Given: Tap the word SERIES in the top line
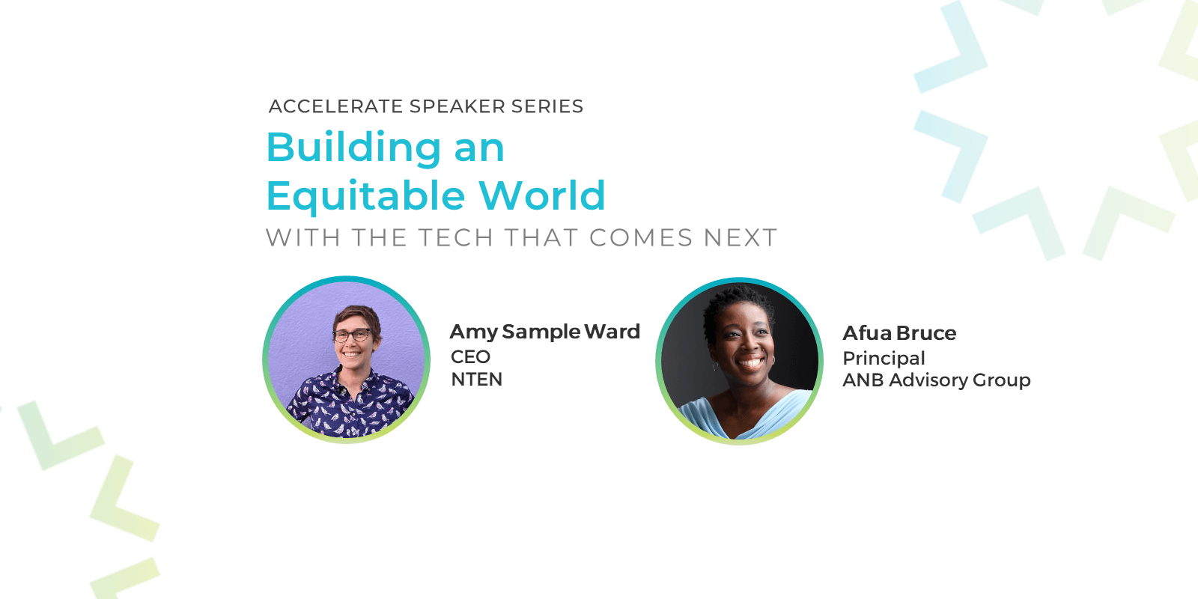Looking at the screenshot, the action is (x=547, y=106).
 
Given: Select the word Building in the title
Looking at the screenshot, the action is (x=353, y=148).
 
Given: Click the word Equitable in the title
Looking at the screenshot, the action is (x=365, y=196).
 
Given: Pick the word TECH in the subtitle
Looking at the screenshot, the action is (x=455, y=237).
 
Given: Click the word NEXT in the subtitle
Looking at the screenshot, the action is (x=741, y=237).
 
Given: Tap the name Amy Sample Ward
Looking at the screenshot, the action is (x=545, y=332).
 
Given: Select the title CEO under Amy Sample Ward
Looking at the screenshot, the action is (x=471, y=356).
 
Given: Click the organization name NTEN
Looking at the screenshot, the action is (x=476, y=379).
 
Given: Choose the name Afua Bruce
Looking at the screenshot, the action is (x=899, y=333).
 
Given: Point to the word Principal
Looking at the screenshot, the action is (x=884, y=359).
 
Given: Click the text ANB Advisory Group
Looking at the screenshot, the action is (x=937, y=380).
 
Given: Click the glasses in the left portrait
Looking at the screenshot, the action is (x=351, y=335).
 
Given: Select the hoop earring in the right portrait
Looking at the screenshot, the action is (x=714, y=366).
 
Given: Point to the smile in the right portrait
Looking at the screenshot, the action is (x=751, y=362).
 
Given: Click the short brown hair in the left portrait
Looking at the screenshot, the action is (x=356, y=317).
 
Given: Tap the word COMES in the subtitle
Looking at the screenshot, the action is (x=641, y=237).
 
